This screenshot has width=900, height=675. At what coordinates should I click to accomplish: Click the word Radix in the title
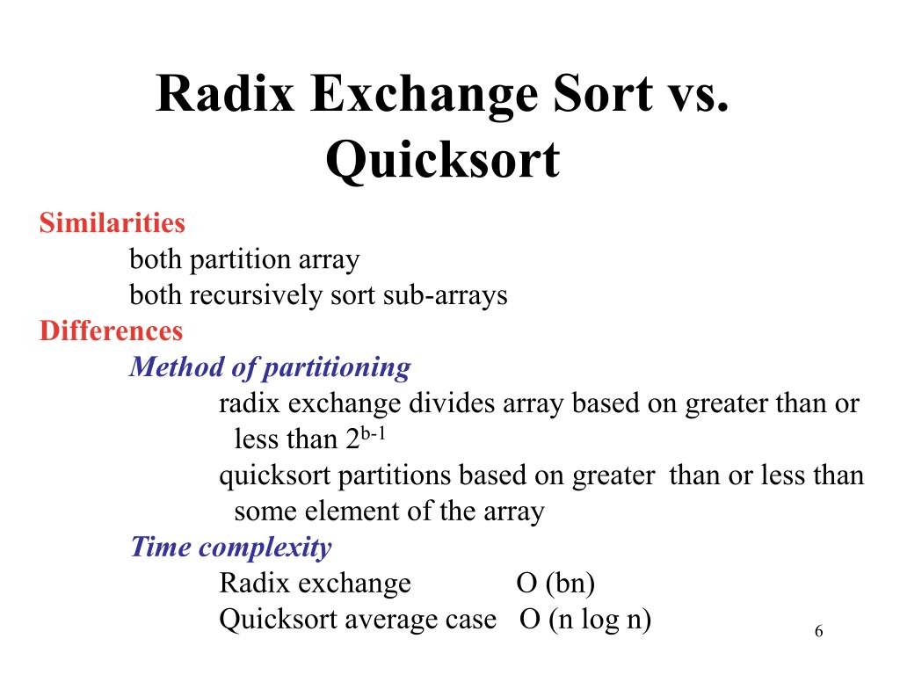coord(225,93)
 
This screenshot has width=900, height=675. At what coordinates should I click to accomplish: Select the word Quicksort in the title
coord(443,161)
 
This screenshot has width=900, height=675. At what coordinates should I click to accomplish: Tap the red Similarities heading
coord(112,222)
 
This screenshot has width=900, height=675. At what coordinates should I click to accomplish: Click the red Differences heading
coord(111,330)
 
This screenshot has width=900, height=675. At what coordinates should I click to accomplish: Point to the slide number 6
coord(818,631)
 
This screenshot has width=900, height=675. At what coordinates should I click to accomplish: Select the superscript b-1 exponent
coord(373,432)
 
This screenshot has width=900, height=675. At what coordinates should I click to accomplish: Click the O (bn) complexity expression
coord(555,584)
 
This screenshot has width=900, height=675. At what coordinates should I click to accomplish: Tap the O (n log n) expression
coord(585,620)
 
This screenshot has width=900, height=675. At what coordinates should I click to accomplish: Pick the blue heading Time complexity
coord(231,547)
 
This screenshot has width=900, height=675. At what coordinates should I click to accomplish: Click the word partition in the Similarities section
coord(240,260)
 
